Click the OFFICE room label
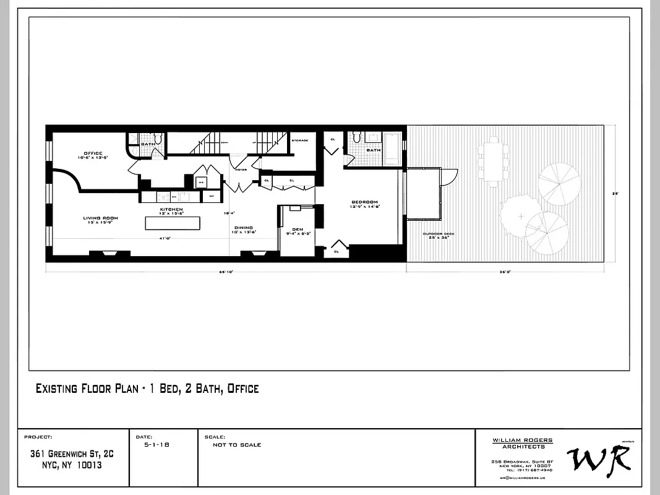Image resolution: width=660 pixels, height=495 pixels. coord(93,153)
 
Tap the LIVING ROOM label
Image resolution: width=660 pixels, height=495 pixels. coord(101,218)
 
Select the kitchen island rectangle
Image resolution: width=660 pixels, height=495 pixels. coord(173,222)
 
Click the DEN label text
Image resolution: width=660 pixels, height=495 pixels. coord(298,230)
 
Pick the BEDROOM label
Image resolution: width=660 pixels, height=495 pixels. coord(364,203)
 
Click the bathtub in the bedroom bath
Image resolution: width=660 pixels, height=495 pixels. coord(393,149)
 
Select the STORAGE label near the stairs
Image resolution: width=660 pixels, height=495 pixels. coord(300,140)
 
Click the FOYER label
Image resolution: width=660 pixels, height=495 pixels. coord(239,166)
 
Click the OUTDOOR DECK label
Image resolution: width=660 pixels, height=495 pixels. coord(435,234)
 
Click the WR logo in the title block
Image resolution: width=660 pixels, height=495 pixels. coord(598,458)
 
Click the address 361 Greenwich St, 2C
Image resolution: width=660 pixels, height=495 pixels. coord(72,454)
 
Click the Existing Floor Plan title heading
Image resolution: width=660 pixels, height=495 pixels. coord(147,389)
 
